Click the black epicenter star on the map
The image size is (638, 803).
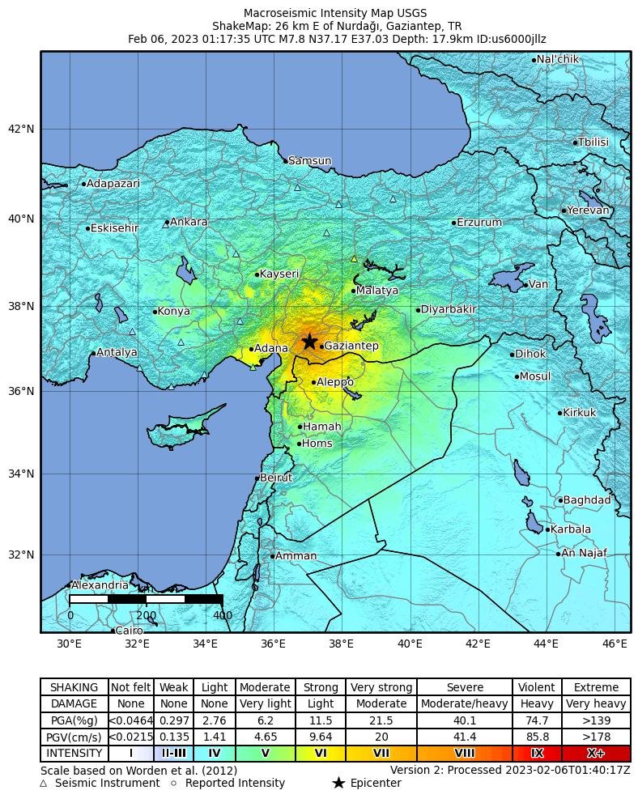[309, 342]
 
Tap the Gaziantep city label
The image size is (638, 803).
[351, 346]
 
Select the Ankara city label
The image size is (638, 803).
[189, 222]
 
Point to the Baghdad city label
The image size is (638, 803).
[586, 500]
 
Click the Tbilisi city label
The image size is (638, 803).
[593, 142]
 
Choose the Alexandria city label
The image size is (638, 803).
[99, 585]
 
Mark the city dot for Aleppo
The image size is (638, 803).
[314, 382]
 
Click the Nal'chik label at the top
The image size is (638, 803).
[558, 59]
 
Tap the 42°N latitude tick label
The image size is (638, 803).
[21, 129]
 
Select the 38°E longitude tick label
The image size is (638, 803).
[341, 644]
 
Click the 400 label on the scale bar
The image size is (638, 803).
[222, 615]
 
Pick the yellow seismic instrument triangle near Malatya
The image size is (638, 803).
[354, 259]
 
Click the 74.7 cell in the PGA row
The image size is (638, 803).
[537, 720]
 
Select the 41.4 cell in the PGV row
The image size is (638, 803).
[465, 737]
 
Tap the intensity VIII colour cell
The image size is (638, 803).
[465, 753]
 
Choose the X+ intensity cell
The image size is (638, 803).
[595, 753]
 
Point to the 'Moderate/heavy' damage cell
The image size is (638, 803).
[465, 703]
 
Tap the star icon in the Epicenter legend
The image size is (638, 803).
[338, 783]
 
